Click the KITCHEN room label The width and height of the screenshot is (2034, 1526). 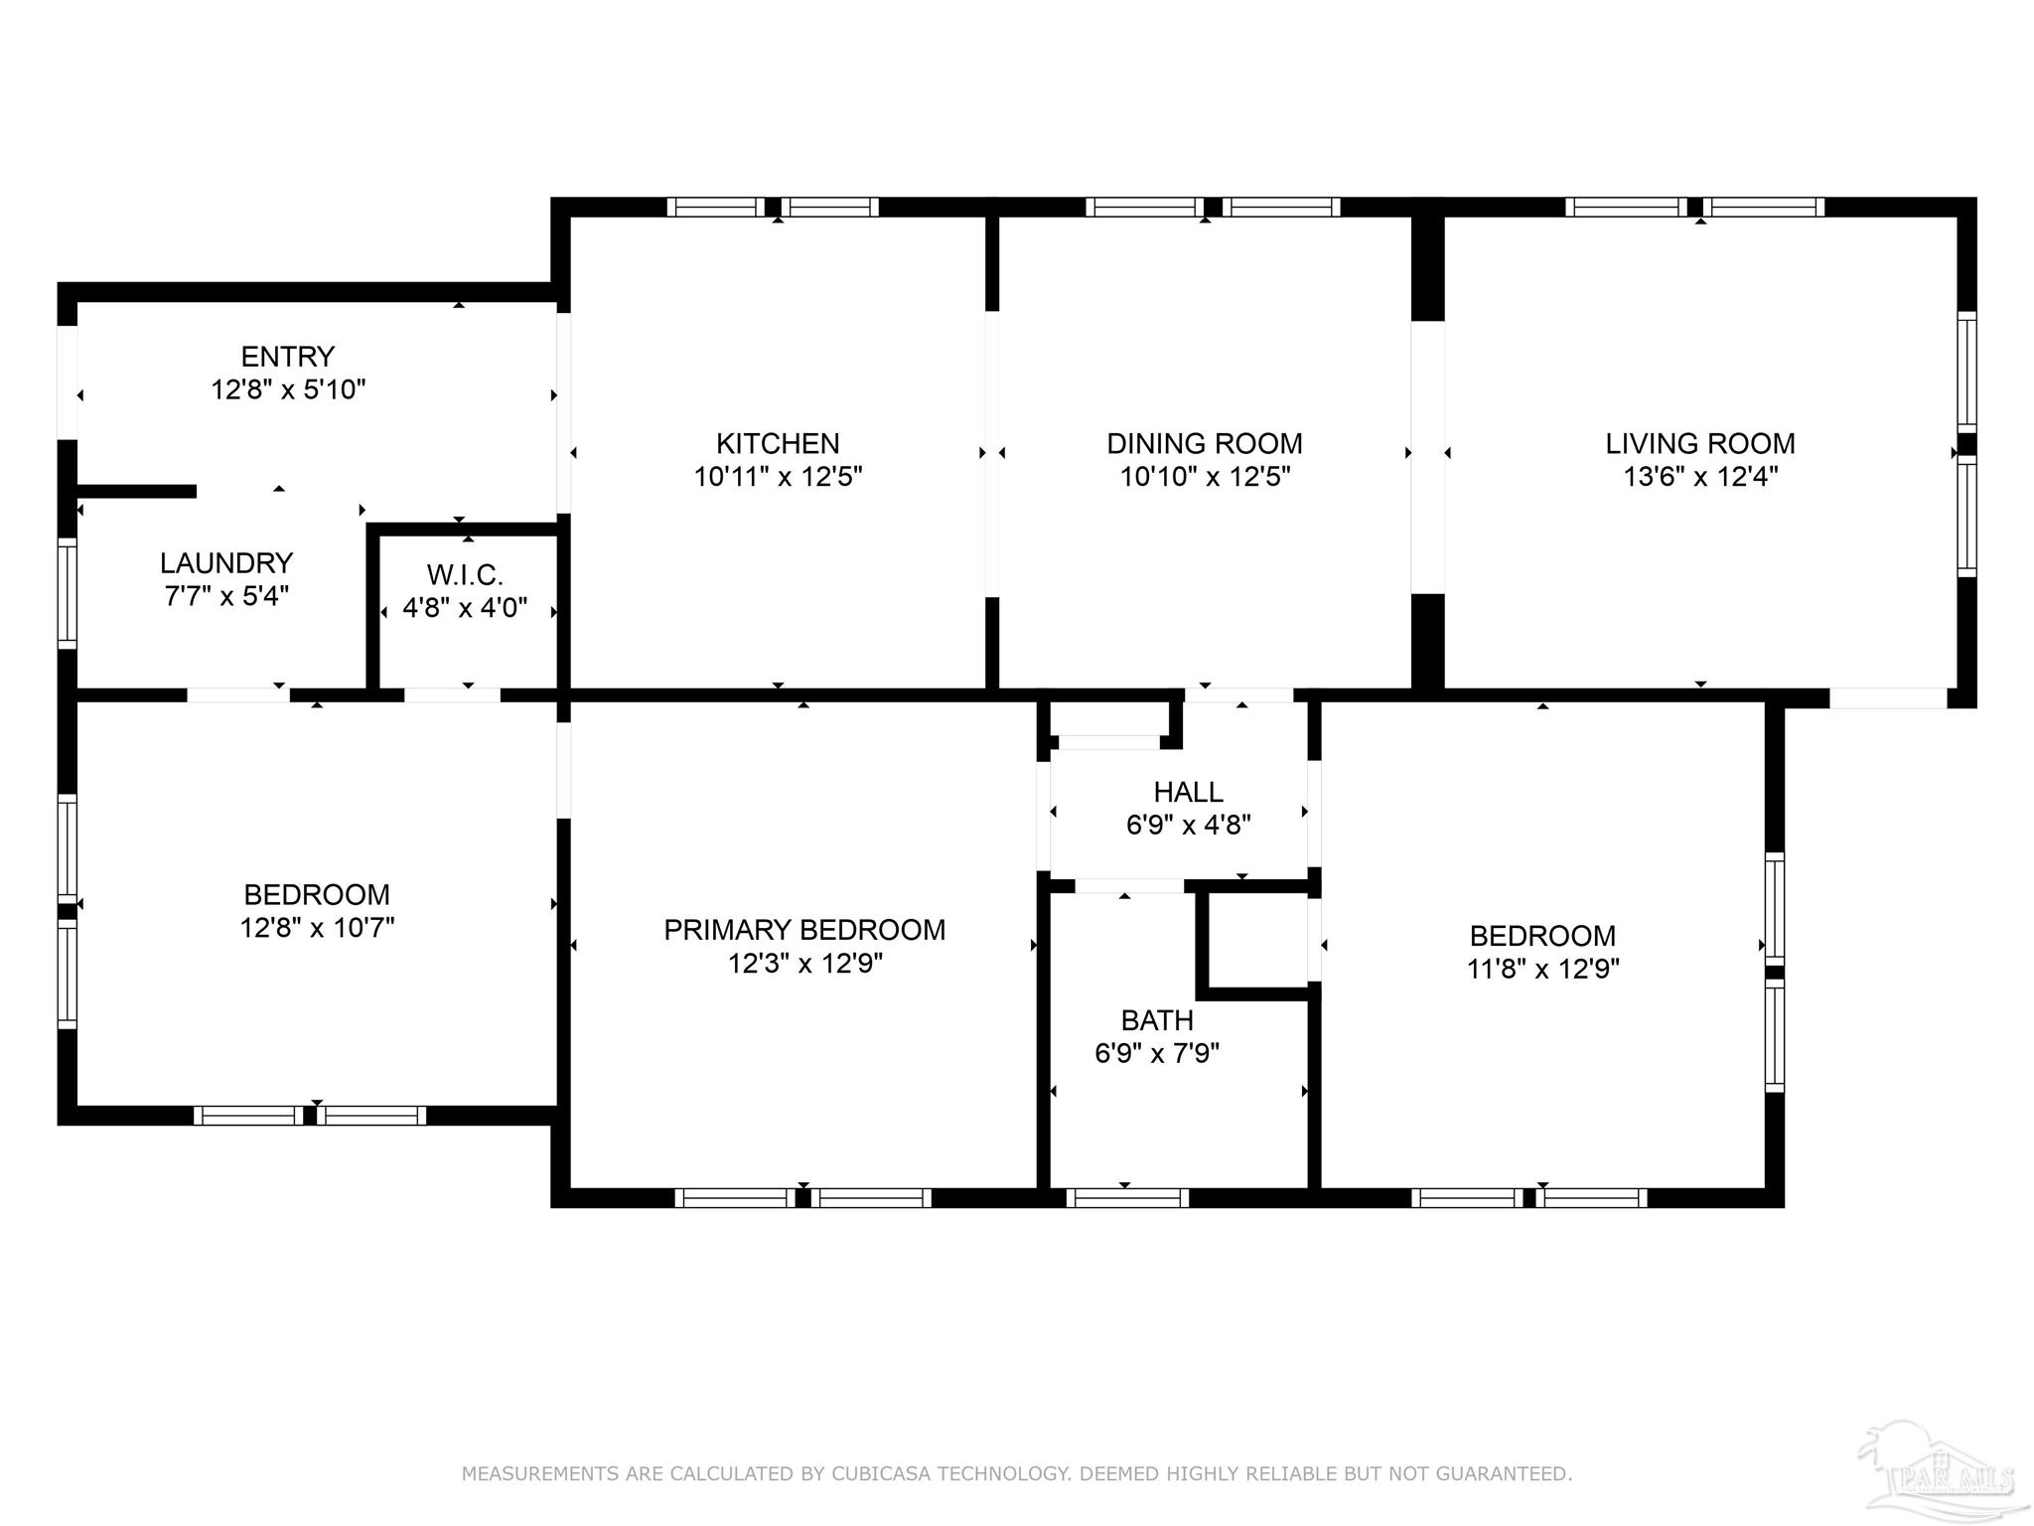pos(778,443)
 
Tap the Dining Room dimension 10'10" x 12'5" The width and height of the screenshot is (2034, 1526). pos(1205,477)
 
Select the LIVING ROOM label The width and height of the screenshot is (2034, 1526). pos(1699,443)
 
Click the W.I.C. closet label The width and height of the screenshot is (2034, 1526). pos(465,574)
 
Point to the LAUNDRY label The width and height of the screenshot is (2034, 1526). pos(226,563)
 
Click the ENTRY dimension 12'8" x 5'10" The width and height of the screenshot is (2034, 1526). pos(288,389)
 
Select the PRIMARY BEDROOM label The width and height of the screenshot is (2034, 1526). pos(804,930)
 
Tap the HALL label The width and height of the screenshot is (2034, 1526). pos(1188,792)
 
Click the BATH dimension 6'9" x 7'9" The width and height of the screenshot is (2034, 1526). pos(1157,1053)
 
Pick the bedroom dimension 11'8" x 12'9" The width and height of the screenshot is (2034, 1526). pos(1542,969)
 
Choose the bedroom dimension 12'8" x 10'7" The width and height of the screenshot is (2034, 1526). pos(317,928)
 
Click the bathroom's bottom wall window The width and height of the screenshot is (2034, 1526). pos(1127,1198)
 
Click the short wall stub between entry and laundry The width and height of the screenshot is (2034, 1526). pos(136,491)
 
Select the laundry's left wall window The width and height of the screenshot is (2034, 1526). pos(67,592)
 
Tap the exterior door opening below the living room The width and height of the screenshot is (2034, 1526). pos(1888,698)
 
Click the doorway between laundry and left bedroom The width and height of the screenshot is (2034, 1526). pos(238,695)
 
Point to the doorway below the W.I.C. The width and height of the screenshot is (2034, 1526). pos(452,695)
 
